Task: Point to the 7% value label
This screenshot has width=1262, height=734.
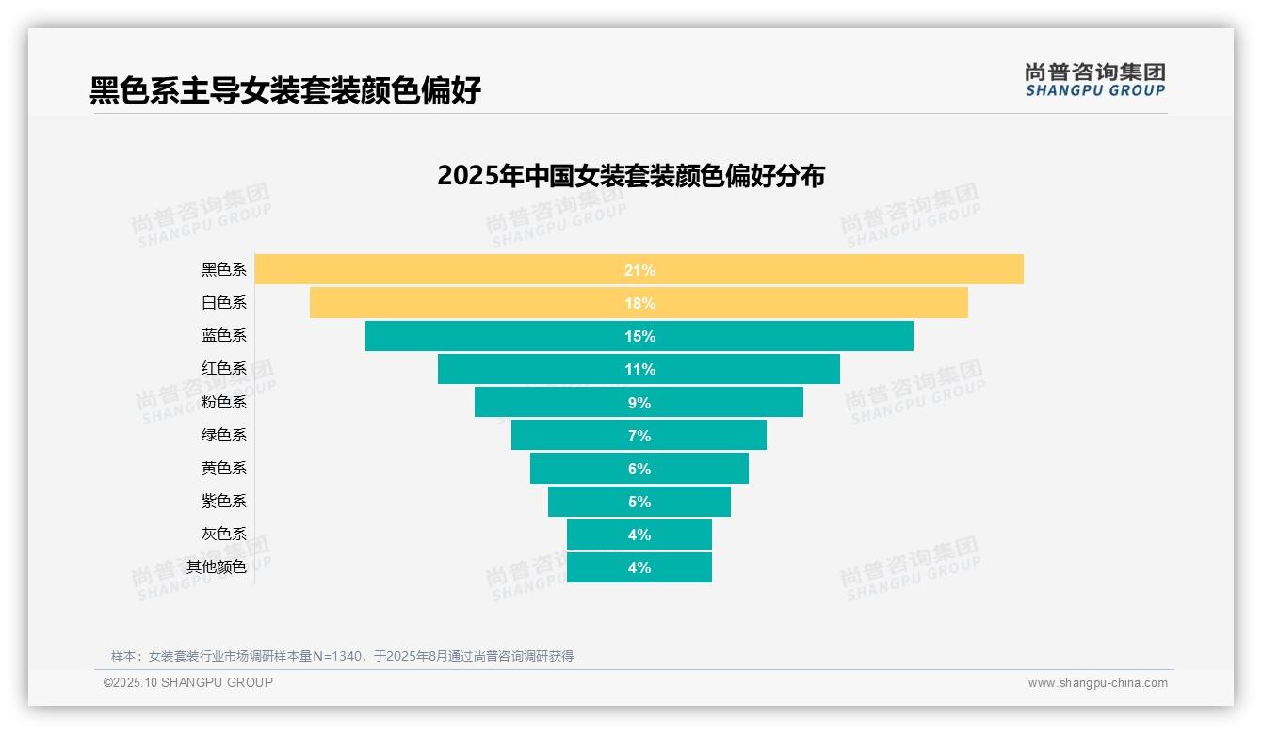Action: coord(639,436)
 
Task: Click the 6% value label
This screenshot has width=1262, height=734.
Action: coord(639,469)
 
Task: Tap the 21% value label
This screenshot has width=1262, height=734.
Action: coord(639,270)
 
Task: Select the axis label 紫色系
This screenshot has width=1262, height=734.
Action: coord(224,501)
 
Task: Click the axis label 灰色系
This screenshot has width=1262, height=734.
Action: coord(224,534)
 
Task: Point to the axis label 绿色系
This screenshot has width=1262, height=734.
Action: coord(224,435)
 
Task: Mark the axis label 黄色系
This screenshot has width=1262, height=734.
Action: coord(224,468)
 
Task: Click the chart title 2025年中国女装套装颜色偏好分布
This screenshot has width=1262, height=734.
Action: coord(631,176)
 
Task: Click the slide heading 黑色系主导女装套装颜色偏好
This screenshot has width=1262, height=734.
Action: coord(285,90)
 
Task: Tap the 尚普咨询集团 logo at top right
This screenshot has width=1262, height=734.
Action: coord(1095,79)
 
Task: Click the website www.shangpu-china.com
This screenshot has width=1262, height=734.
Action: coord(1097,683)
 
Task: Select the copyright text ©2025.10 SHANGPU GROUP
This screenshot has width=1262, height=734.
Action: coord(188,682)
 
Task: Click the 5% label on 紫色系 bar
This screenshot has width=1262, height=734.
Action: coord(639,502)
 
